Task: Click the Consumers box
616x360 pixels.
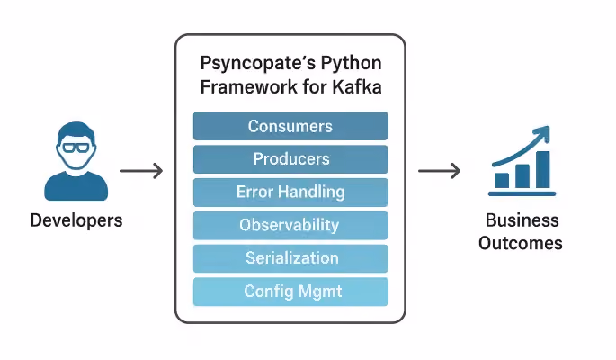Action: (290, 126)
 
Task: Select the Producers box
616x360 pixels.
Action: (290, 159)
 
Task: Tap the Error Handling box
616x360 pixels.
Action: (290, 193)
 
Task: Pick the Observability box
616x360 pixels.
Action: (290, 225)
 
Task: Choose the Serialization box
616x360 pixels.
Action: (290, 258)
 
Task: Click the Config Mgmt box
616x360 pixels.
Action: (290, 292)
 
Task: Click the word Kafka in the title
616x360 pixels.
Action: (357, 86)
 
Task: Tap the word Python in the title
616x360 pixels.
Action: (352, 64)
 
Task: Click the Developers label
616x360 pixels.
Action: (76, 220)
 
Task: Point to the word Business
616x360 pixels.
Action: (522, 220)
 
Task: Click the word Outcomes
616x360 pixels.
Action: (521, 243)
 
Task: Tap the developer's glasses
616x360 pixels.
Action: (76, 148)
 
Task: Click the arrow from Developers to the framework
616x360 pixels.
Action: (141, 171)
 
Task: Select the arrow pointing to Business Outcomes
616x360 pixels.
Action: (439, 171)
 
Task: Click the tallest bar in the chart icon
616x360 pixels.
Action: (543, 170)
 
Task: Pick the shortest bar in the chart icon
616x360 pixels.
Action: (502, 181)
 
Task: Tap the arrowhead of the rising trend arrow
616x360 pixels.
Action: (544, 133)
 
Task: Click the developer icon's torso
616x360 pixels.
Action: (76, 186)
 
